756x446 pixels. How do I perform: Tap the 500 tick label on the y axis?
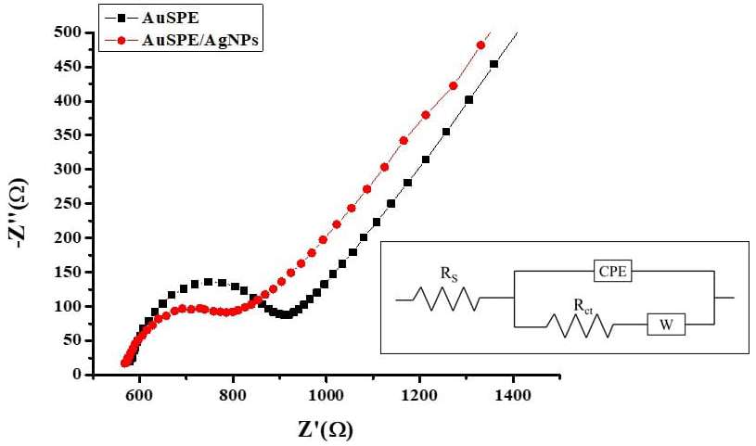pos(70,32)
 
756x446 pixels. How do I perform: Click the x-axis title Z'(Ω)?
pos(312,428)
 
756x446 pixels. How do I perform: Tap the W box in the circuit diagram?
pos(666,325)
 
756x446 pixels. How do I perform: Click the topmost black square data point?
pos(493,65)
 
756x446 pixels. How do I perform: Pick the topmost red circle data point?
pos(481,45)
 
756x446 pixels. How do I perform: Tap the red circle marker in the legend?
pos(121,40)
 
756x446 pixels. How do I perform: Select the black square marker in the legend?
pos(121,17)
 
